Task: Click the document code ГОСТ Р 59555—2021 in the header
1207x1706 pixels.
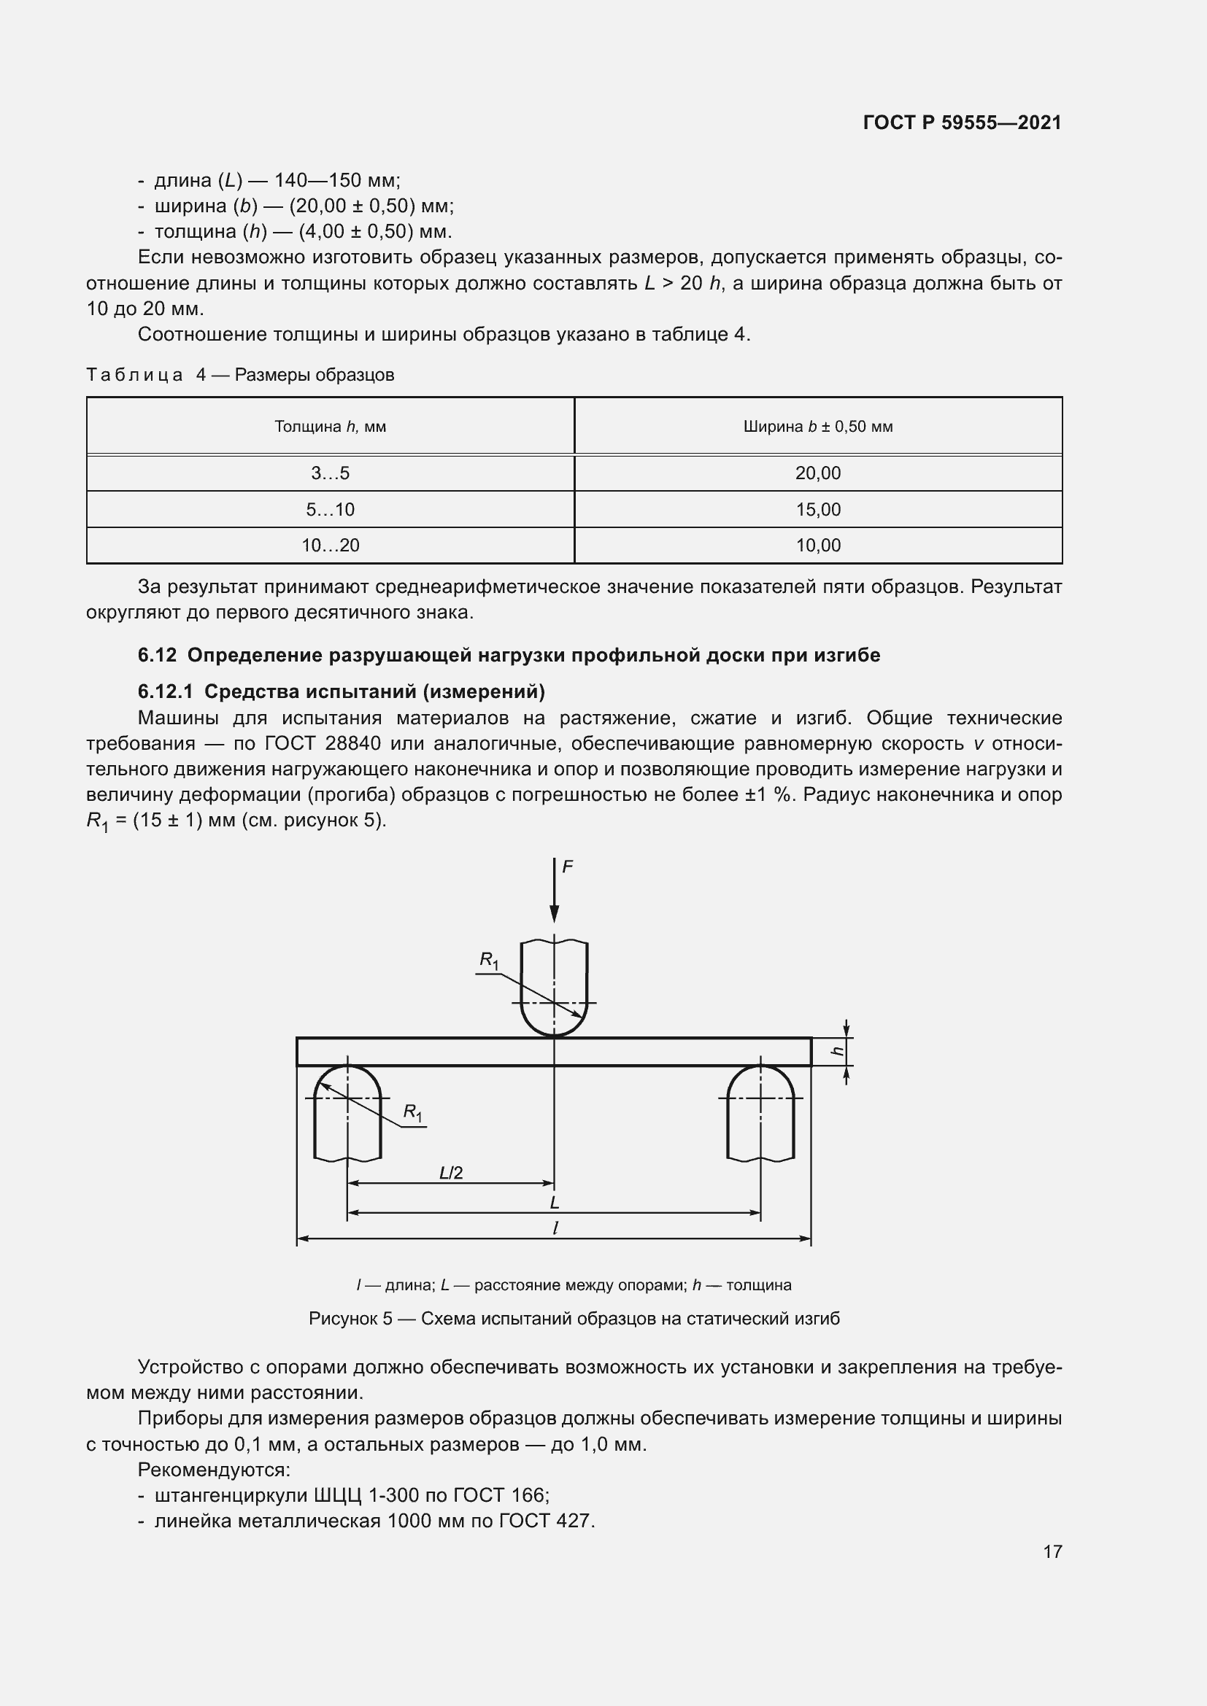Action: click(x=962, y=123)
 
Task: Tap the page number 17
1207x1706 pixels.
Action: click(x=1052, y=1551)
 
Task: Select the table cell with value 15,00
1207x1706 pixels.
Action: click(x=817, y=510)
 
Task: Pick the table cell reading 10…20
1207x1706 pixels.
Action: click(x=330, y=546)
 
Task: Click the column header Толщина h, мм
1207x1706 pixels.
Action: click(x=330, y=427)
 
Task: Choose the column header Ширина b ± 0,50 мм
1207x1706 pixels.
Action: click(x=817, y=427)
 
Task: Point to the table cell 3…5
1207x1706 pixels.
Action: click(x=330, y=473)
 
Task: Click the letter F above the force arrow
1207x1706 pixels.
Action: click(x=567, y=866)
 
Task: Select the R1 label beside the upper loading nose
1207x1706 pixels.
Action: click(x=488, y=961)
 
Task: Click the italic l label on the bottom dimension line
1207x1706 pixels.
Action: click(x=555, y=1228)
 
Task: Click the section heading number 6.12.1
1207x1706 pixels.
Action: click(x=165, y=691)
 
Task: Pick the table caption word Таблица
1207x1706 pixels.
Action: click(x=134, y=374)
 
